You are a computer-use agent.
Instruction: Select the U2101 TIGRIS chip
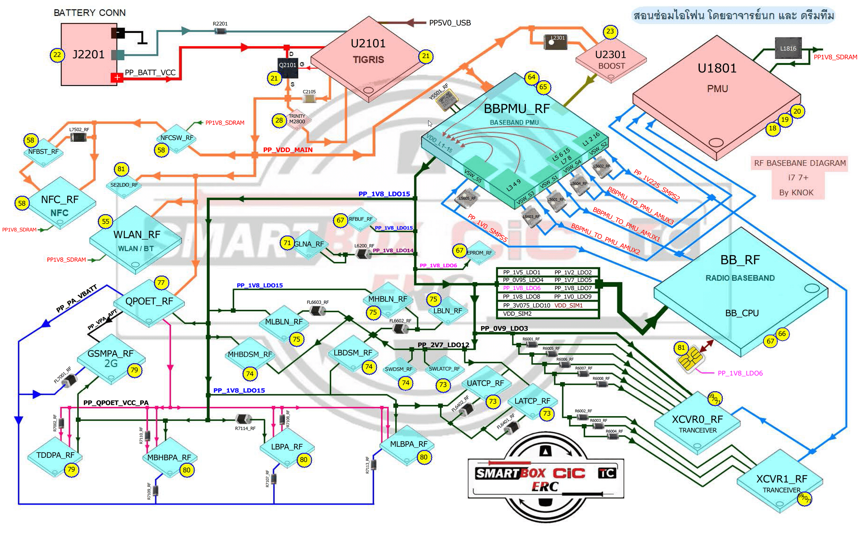tap(368, 53)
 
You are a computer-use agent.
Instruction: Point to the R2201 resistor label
tap(220, 24)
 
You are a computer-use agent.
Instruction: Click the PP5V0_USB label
tap(450, 23)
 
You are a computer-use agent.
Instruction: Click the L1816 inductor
tap(788, 49)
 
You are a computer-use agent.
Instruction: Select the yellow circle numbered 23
tap(610, 32)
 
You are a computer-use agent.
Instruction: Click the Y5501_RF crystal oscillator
tap(447, 100)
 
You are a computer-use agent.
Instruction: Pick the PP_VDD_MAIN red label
tap(288, 150)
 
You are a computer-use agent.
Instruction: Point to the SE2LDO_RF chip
tap(124, 185)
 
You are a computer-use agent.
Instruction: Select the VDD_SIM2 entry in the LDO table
tap(517, 314)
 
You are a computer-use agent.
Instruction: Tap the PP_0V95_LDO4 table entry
tap(523, 280)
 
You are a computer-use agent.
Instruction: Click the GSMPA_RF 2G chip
tap(110, 358)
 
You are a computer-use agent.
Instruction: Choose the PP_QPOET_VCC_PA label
tap(116, 403)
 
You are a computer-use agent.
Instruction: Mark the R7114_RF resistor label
tap(245, 428)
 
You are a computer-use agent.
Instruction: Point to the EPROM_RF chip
tap(479, 253)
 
